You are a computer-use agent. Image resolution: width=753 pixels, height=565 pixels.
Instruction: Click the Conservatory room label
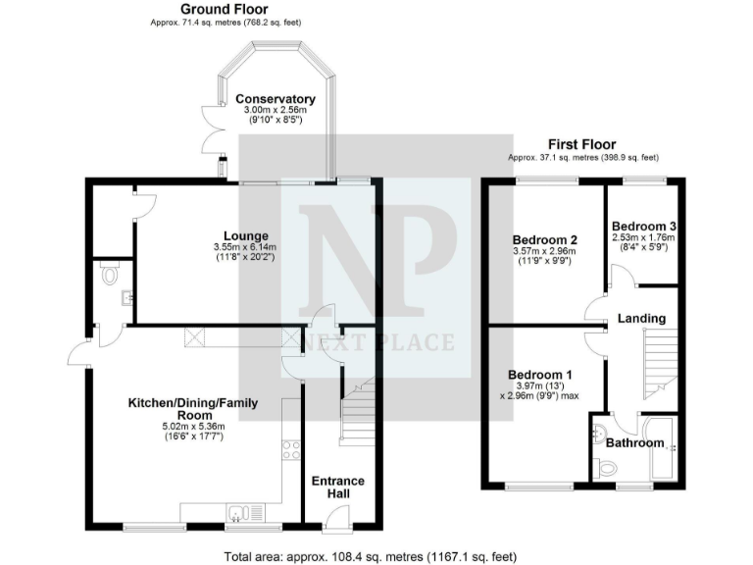[275, 99]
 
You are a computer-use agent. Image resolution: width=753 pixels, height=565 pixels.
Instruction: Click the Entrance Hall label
[337, 487]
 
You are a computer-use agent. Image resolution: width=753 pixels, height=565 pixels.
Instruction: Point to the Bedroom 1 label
[539, 375]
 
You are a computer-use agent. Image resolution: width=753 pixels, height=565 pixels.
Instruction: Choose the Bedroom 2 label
[544, 239]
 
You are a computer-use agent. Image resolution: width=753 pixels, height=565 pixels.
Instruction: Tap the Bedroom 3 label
[644, 226]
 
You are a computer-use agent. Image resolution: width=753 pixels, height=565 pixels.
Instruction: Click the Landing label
[641, 318]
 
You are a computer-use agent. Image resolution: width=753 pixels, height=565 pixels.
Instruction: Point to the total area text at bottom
[370, 556]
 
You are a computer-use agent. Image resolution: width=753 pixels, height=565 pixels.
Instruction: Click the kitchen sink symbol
[240, 512]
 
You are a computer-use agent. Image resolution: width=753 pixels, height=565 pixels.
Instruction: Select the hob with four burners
[291, 449]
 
